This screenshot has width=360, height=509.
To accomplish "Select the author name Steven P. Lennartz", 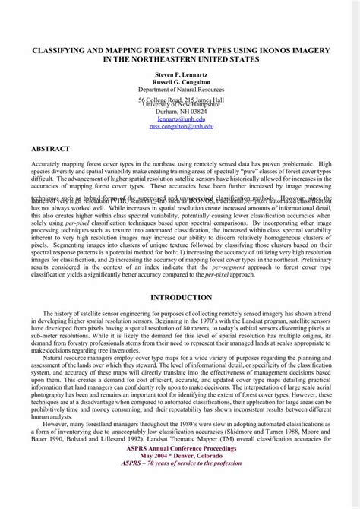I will [180, 75].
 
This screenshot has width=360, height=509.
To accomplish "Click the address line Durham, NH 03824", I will [180, 112].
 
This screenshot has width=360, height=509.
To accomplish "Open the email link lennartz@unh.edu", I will [180, 119].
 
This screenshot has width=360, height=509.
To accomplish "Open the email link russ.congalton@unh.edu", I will [180, 127].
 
